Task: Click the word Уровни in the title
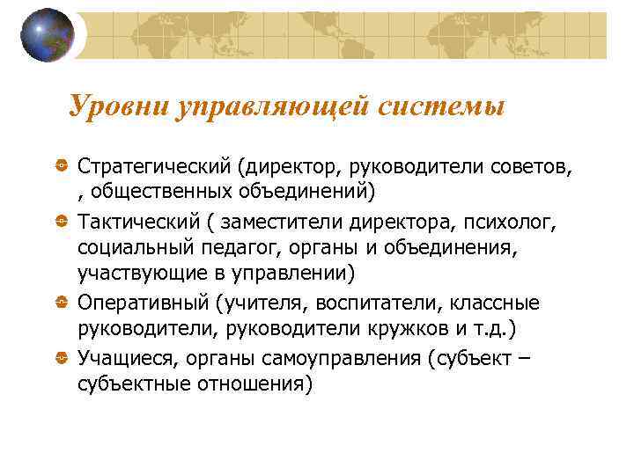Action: coord(118,106)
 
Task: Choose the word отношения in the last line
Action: coord(256,384)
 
